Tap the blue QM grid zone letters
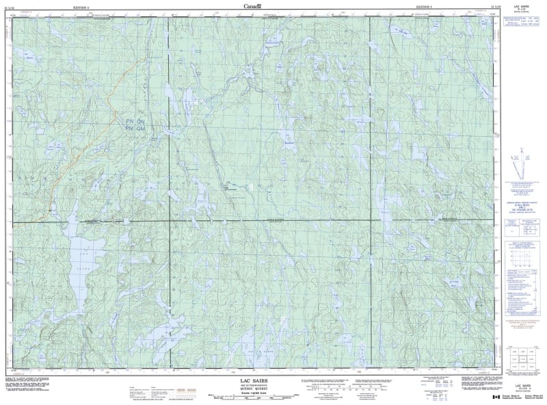(142, 128)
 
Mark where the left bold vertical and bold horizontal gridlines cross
(168, 221)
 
